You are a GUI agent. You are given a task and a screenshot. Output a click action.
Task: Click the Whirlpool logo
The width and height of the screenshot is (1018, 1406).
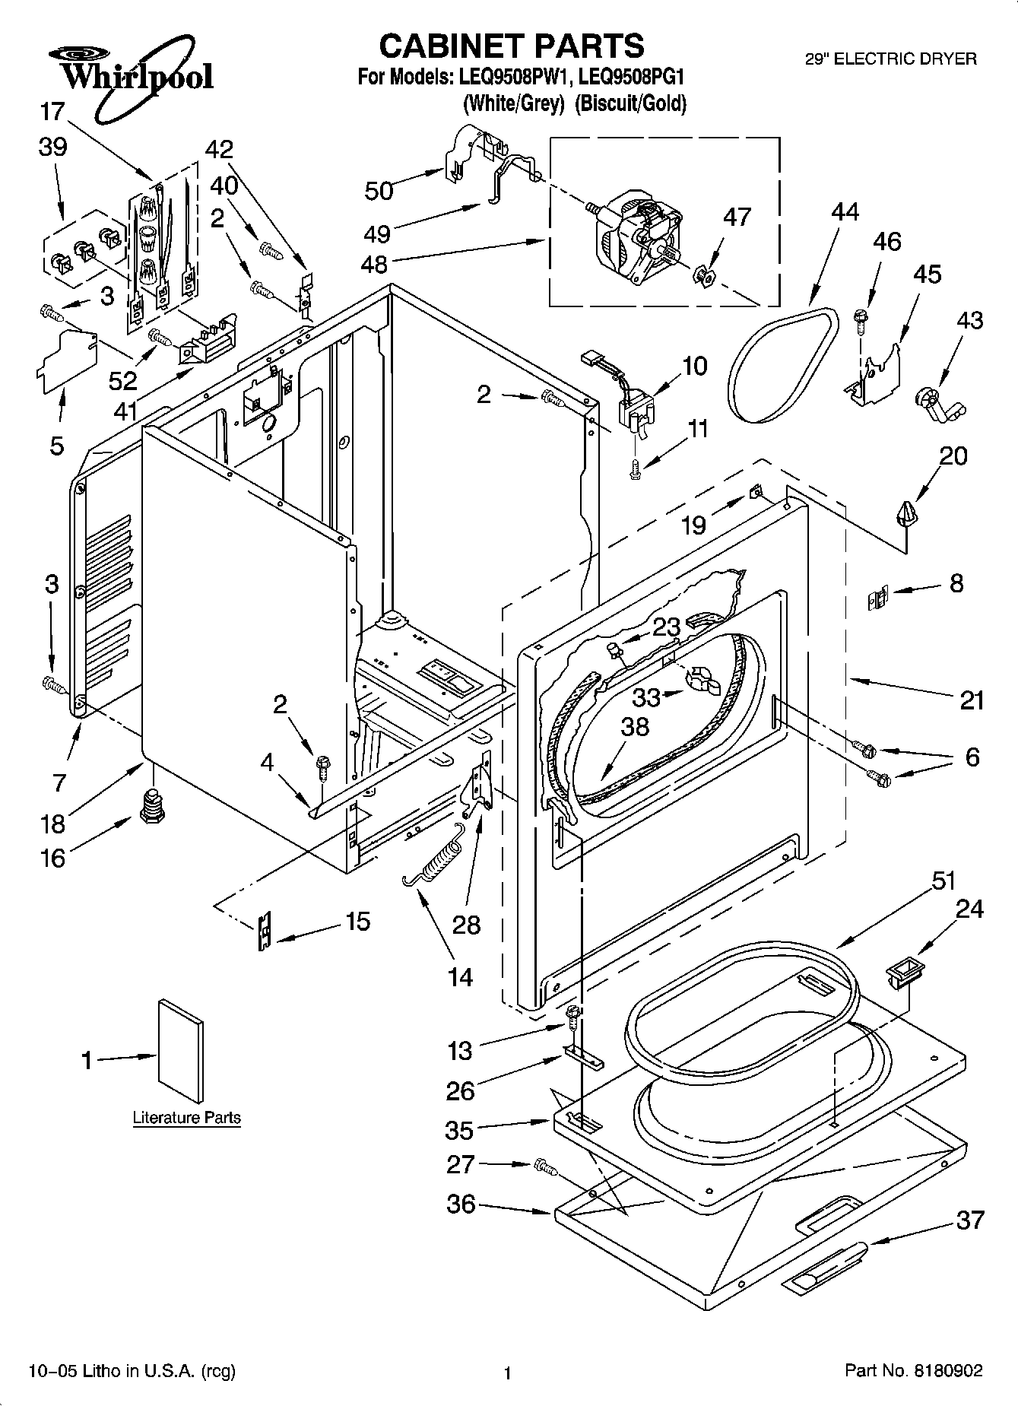(x=129, y=76)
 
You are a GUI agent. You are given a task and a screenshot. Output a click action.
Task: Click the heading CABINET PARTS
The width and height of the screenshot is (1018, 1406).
(x=511, y=46)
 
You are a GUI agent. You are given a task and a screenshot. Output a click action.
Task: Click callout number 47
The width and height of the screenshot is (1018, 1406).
(x=736, y=217)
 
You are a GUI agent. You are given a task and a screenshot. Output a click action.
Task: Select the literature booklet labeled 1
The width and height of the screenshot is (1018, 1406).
(x=181, y=1050)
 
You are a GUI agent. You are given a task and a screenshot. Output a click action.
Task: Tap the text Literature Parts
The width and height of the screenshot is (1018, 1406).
(x=186, y=1118)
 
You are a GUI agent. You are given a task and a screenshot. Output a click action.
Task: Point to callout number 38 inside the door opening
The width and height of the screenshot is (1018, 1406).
(x=635, y=726)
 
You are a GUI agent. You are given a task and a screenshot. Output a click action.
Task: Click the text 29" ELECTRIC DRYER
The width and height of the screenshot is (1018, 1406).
(x=890, y=59)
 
